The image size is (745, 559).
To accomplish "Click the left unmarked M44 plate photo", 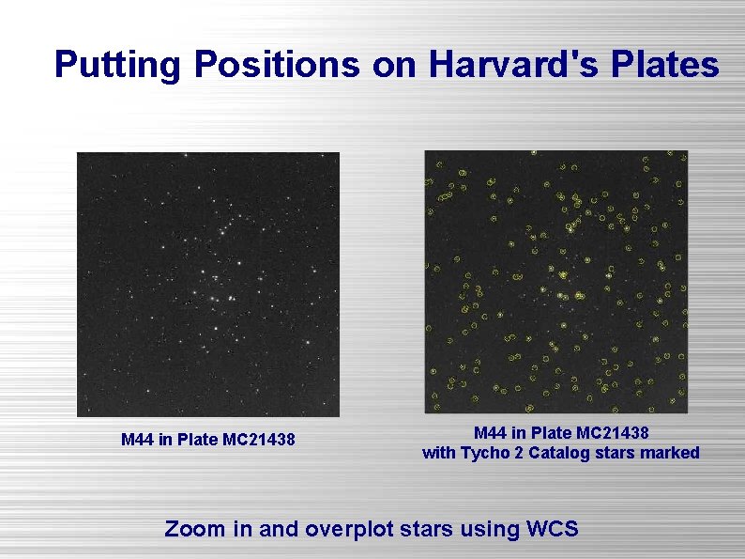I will pos(207,284).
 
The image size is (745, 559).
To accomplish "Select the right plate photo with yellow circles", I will pos(555,282).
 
